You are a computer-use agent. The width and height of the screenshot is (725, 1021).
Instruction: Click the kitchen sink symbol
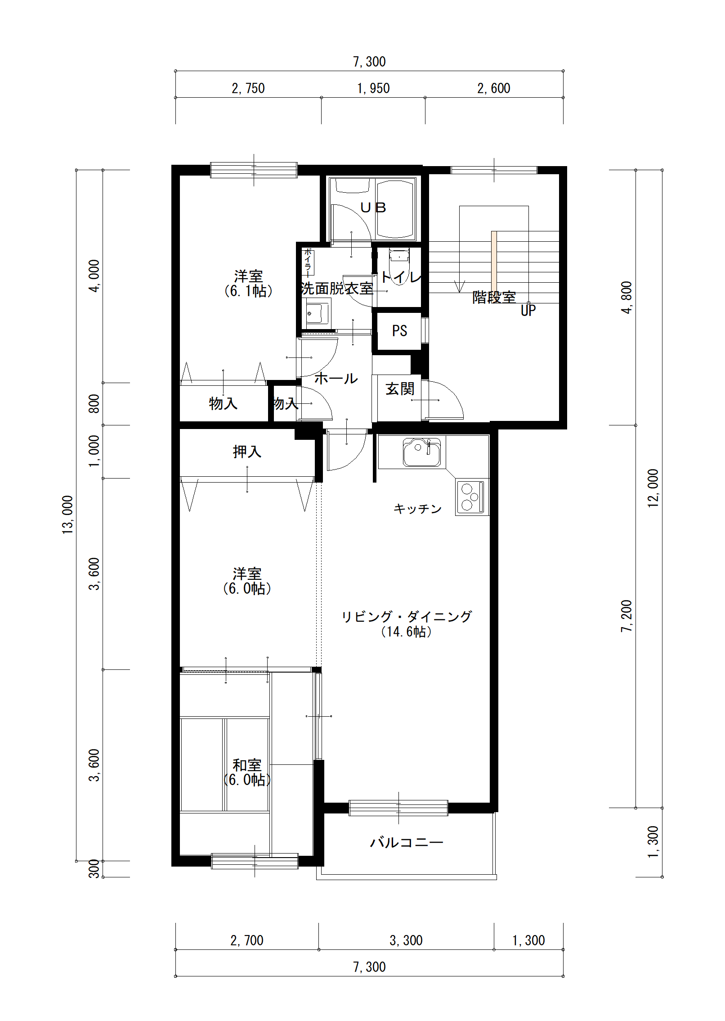click(x=421, y=452)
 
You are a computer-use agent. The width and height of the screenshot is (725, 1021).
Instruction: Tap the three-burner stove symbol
click(x=471, y=497)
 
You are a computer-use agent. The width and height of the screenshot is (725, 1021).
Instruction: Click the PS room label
click(x=399, y=331)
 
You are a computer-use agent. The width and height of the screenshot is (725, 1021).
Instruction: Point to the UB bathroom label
click(x=373, y=208)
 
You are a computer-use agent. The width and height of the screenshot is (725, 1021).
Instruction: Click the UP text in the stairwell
click(x=528, y=310)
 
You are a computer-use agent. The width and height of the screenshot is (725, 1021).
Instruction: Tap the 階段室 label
click(x=494, y=297)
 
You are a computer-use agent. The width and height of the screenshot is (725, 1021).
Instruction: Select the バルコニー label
click(x=407, y=842)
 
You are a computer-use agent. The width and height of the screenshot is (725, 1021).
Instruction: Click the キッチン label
click(x=418, y=509)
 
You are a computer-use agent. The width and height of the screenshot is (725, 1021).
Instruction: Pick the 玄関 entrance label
click(x=400, y=389)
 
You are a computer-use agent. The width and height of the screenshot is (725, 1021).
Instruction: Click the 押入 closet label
click(x=247, y=451)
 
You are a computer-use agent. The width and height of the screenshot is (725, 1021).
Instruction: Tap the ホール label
click(x=336, y=378)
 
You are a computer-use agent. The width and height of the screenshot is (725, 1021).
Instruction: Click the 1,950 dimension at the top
click(x=373, y=88)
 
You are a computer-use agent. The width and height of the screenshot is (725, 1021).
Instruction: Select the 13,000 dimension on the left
click(x=67, y=515)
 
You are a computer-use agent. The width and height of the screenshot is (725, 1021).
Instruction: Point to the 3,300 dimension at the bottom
click(x=406, y=940)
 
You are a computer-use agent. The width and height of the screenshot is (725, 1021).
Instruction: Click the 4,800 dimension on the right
click(x=627, y=297)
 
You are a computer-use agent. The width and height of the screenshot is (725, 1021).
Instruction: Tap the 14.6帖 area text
click(x=406, y=632)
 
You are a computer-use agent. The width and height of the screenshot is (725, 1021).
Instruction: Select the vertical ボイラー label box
click(x=308, y=262)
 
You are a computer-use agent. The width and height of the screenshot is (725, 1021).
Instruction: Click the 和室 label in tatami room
click(x=247, y=765)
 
